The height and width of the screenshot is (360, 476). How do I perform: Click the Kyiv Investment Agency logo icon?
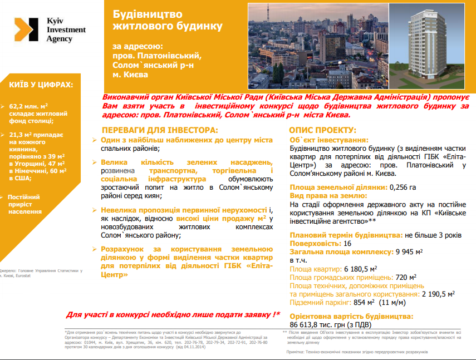(24, 29)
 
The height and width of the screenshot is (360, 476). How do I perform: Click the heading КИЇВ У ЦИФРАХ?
(41, 85)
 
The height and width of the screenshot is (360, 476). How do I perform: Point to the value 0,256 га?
(403, 188)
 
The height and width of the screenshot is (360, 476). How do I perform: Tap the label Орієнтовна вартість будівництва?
(351, 316)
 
